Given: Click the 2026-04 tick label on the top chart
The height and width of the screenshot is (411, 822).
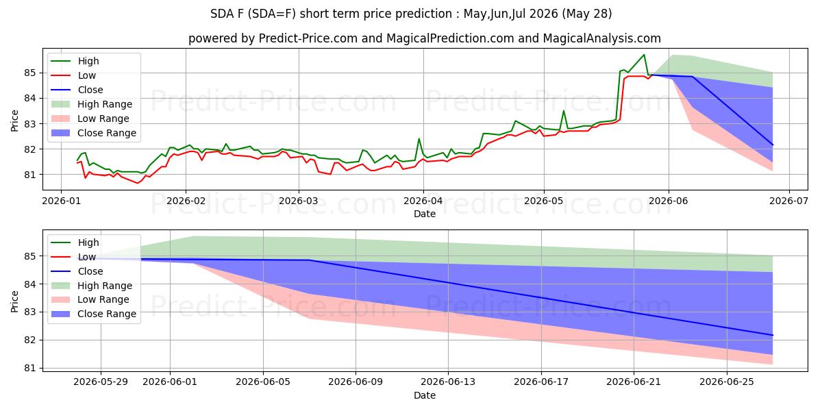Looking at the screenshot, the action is (423, 201).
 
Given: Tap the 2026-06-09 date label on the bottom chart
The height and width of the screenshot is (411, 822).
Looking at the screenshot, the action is (356, 382).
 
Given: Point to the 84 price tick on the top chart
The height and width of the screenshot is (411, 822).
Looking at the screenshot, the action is (30, 99).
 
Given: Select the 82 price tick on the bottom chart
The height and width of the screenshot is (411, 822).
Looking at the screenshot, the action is (30, 340).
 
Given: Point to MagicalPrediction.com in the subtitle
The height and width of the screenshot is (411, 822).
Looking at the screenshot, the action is (450, 38).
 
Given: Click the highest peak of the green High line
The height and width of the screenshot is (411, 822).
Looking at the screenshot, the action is (644, 55).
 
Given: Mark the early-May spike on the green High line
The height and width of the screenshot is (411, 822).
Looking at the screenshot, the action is (564, 111).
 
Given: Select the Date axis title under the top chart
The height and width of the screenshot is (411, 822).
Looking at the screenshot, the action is (425, 214).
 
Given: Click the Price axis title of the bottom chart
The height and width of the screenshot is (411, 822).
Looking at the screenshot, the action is (14, 301).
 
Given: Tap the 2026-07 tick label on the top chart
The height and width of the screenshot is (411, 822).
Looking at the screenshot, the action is (789, 201).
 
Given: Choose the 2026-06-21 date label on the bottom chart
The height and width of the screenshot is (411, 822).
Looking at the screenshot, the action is (634, 382).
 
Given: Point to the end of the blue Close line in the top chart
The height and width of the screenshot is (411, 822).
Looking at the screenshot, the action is (773, 145).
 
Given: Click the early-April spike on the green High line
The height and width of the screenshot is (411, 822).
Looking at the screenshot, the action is (419, 138).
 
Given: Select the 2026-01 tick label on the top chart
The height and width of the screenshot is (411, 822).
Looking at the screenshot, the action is (61, 201).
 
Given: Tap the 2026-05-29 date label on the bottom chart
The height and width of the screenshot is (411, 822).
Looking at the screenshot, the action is (101, 382).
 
